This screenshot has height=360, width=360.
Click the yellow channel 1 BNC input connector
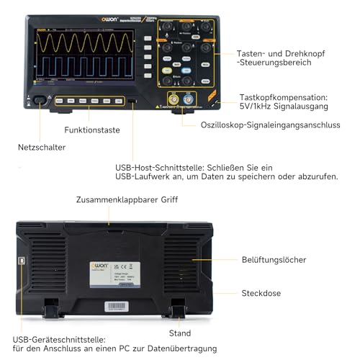174,99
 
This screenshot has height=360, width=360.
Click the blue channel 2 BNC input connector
189,99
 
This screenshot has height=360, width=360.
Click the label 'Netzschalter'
42,147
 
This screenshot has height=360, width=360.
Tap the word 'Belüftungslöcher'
274,259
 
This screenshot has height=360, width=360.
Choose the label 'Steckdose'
261,293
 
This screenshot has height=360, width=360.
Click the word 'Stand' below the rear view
180,333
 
